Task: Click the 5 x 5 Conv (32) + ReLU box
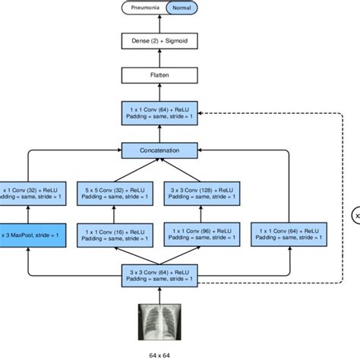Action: [x=120, y=189]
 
